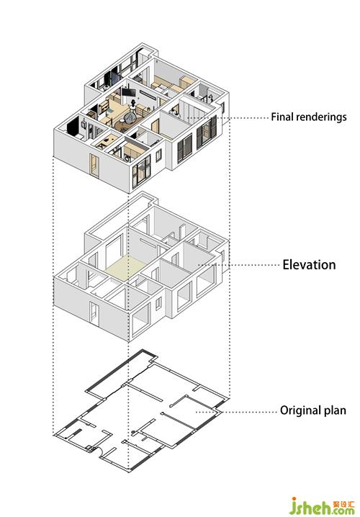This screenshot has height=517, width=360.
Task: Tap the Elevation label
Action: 309,265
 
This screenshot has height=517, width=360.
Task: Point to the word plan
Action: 336,410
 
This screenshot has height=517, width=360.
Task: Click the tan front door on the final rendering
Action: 94,166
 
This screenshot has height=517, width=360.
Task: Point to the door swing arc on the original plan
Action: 98,451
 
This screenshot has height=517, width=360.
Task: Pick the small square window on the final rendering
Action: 158,156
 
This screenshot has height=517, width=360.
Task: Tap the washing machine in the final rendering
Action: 127,158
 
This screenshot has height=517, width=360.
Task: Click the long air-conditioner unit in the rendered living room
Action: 148,94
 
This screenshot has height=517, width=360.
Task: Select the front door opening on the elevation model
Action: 94,314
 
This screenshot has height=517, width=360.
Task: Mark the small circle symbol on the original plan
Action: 133,432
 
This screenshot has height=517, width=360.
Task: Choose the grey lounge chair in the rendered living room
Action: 130,117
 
